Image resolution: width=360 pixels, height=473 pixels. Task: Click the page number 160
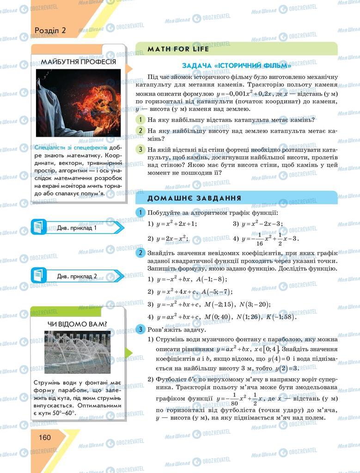(x=45, y=437)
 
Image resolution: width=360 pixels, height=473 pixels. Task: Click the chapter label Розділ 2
(x=50, y=30)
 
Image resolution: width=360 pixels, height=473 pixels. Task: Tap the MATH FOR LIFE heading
(x=178, y=49)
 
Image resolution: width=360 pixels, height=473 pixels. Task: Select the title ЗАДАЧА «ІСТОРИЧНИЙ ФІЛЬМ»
(x=236, y=66)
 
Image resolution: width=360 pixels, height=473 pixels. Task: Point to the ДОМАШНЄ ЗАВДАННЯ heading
(x=194, y=198)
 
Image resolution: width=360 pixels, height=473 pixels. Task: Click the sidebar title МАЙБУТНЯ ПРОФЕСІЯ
(x=78, y=62)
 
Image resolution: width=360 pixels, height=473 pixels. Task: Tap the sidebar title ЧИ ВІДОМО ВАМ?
(x=78, y=323)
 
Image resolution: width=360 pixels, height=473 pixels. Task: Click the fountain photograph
(x=77, y=352)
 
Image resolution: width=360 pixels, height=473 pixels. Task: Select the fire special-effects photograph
(x=78, y=103)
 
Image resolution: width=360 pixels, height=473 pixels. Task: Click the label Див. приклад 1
(x=77, y=228)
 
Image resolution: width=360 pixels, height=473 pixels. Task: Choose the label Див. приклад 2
(x=77, y=276)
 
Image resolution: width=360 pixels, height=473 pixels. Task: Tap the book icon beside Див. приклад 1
(x=39, y=227)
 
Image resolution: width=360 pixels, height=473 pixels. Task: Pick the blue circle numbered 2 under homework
(x=140, y=253)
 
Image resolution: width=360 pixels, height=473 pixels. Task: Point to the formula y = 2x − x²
(x=174, y=239)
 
